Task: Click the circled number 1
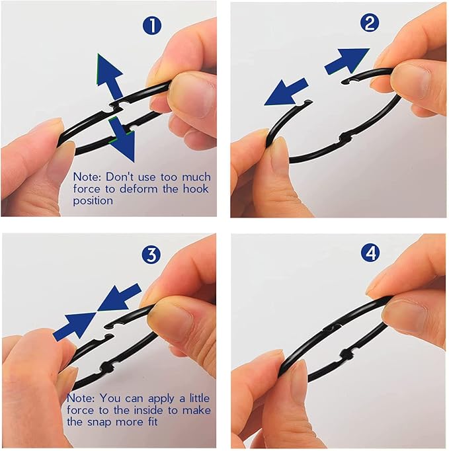[x=152, y=25]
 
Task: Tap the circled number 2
[x=370, y=23]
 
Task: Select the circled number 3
[x=151, y=254]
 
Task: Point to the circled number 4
[x=370, y=253]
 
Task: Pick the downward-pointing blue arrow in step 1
[x=122, y=140]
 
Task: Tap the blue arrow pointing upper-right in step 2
[x=347, y=61]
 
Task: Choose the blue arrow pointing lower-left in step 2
[x=286, y=92]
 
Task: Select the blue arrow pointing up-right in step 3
[x=75, y=327]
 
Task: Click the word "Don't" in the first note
[x=120, y=177]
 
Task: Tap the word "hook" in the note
[x=196, y=188]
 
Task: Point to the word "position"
[x=93, y=201]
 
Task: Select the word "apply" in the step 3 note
[x=161, y=399]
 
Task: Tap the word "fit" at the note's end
[x=153, y=422]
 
